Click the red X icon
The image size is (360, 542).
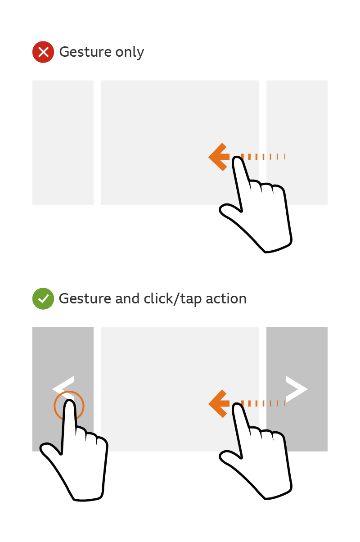(x=43, y=52)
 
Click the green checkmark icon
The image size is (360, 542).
(x=43, y=299)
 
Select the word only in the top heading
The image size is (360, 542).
(x=130, y=52)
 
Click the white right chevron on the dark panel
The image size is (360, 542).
(x=296, y=389)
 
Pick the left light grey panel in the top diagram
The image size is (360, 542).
(x=63, y=142)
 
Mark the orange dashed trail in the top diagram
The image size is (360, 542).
(x=263, y=157)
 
